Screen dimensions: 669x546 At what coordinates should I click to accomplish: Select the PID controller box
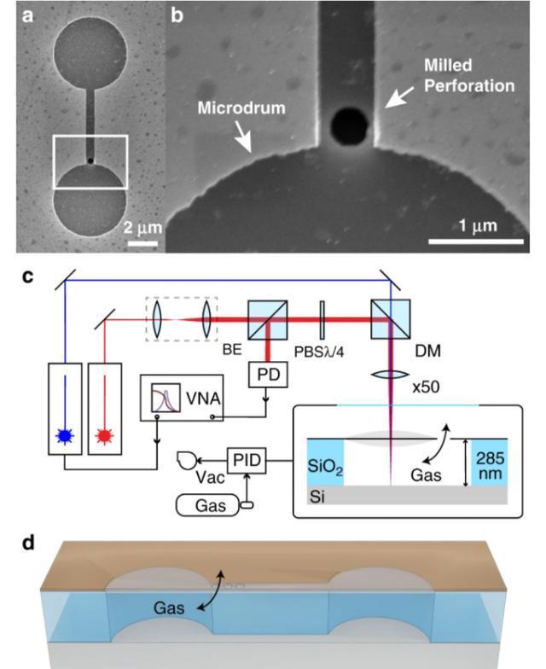point(247,462)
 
